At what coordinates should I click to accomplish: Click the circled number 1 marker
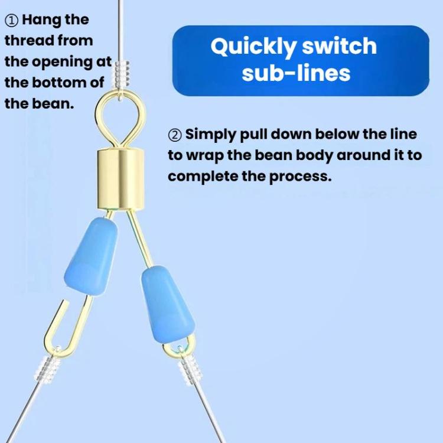[x=12, y=21]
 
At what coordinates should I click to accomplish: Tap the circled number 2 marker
[x=175, y=135]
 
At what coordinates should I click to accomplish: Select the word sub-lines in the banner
[x=296, y=73]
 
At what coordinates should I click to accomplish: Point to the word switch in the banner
[x=339, y=45]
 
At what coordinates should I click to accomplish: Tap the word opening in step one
[x=62, y=63]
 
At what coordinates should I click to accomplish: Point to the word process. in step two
[x=300, y=177]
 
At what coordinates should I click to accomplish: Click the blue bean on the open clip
[x=91, y=256]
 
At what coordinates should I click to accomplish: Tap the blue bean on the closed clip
[x=168, y=304]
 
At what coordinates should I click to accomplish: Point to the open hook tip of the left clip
[x=66, y=301]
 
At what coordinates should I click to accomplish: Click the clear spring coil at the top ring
[x=122, y=73]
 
